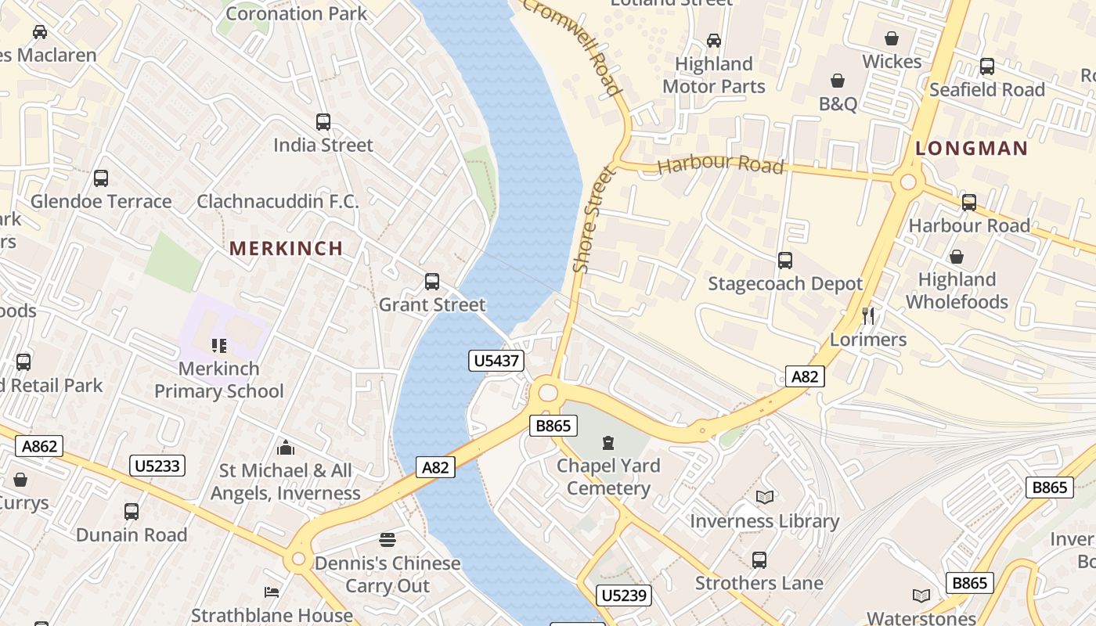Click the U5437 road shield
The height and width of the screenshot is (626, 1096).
496,361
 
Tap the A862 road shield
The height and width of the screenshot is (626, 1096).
39,447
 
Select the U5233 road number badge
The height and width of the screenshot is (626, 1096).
157,466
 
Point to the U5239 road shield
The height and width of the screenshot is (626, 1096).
623,595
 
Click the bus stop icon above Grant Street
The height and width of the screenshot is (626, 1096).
431,282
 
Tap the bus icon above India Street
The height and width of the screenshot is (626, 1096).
323,122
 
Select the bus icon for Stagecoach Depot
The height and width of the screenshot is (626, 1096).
784,261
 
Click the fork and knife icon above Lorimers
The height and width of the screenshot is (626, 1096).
867,316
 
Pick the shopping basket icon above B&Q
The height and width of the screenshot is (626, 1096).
838,81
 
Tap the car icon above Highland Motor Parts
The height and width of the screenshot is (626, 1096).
713,40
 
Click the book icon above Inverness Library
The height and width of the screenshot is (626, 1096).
764,498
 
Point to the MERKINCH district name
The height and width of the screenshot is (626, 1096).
286,249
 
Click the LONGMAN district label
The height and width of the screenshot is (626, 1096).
971,149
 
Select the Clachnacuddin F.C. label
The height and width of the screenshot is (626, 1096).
277,202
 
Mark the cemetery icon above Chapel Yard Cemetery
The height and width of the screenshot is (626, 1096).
607,443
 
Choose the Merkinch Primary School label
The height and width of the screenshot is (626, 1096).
218,380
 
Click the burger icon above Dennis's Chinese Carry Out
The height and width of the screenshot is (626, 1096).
387,540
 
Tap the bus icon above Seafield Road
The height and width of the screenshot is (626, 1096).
986,67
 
